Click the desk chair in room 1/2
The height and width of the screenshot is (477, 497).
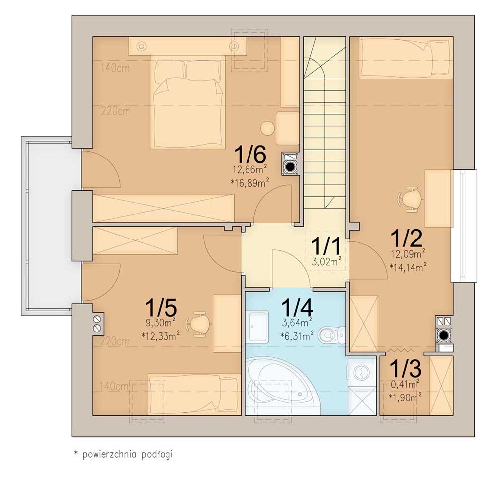coord(410,199)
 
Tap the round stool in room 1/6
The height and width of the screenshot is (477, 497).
coord(267,128)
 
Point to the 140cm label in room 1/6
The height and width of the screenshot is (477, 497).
coord(115,68)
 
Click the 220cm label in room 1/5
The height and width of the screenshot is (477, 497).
coord(115,341)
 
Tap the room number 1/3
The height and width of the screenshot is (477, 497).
coord(406,368)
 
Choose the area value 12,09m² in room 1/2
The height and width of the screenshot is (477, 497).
coord(408,254)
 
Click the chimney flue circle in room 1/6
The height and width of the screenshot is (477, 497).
coord(290,166)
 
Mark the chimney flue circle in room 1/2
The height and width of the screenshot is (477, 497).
coord(443,335)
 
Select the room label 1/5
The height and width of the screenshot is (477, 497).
coord(161,308)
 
